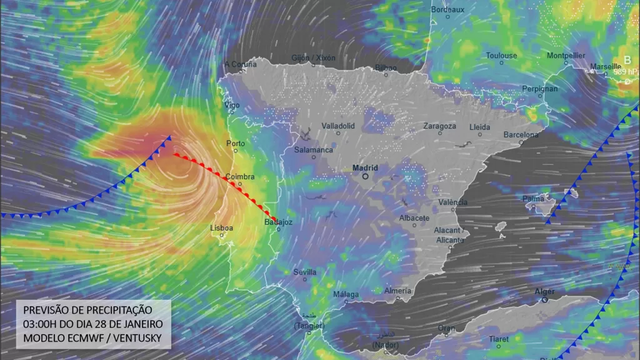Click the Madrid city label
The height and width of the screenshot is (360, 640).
click(x=365, y=167)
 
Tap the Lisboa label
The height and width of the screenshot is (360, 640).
click(x=222, y=228)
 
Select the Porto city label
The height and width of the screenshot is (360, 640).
click(x=236, y=143)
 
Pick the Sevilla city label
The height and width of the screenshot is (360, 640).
click(x=305, y=272)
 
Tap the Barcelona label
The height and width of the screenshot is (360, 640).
click(x=521, y=134)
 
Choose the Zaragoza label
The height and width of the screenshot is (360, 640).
click(x=439, y=126)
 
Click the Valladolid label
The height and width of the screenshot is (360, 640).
click(x=338, y=126)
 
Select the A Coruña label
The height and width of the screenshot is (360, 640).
click(x=241, y=64)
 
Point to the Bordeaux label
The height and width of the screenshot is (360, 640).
click(x=448, y=9)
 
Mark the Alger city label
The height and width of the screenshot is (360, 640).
click(x=544, y=292)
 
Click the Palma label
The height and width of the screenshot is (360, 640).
click(x=534, y=198)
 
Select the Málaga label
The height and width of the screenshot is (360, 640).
click(x=346, y=294)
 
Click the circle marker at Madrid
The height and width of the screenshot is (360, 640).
click(x=365, y=176)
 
